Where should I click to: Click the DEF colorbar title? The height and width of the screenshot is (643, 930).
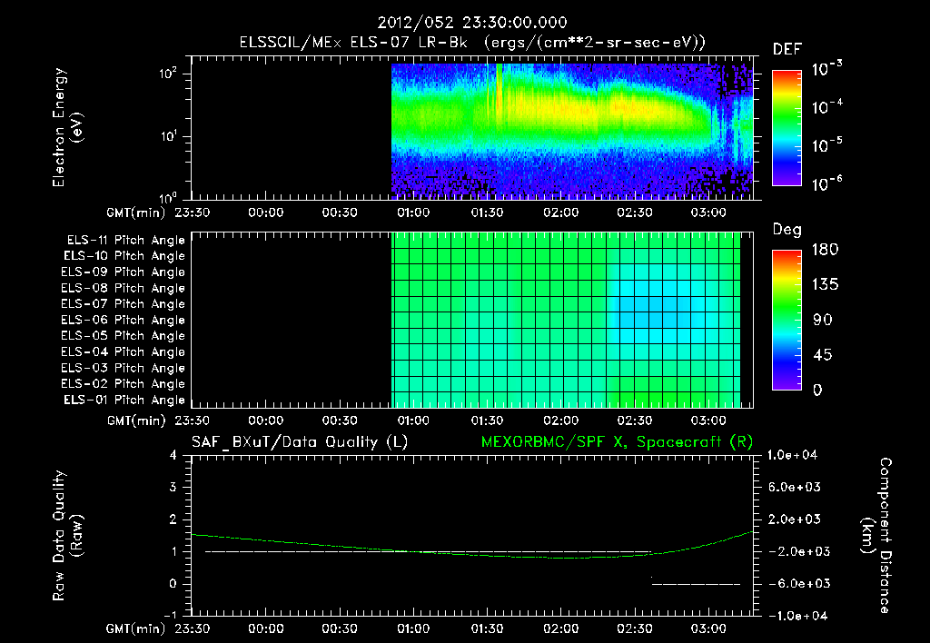coord(786,49)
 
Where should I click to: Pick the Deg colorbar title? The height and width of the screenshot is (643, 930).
coord(787,230)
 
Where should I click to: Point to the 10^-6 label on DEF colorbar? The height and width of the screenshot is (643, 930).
coord(827,183)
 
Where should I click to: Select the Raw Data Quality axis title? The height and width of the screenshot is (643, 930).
coord(67,535)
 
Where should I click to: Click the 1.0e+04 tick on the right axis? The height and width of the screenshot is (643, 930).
coord(796,456)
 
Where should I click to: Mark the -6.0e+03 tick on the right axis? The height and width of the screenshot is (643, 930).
coord(796,583)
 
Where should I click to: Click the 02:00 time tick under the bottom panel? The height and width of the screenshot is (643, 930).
coord(560,628)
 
